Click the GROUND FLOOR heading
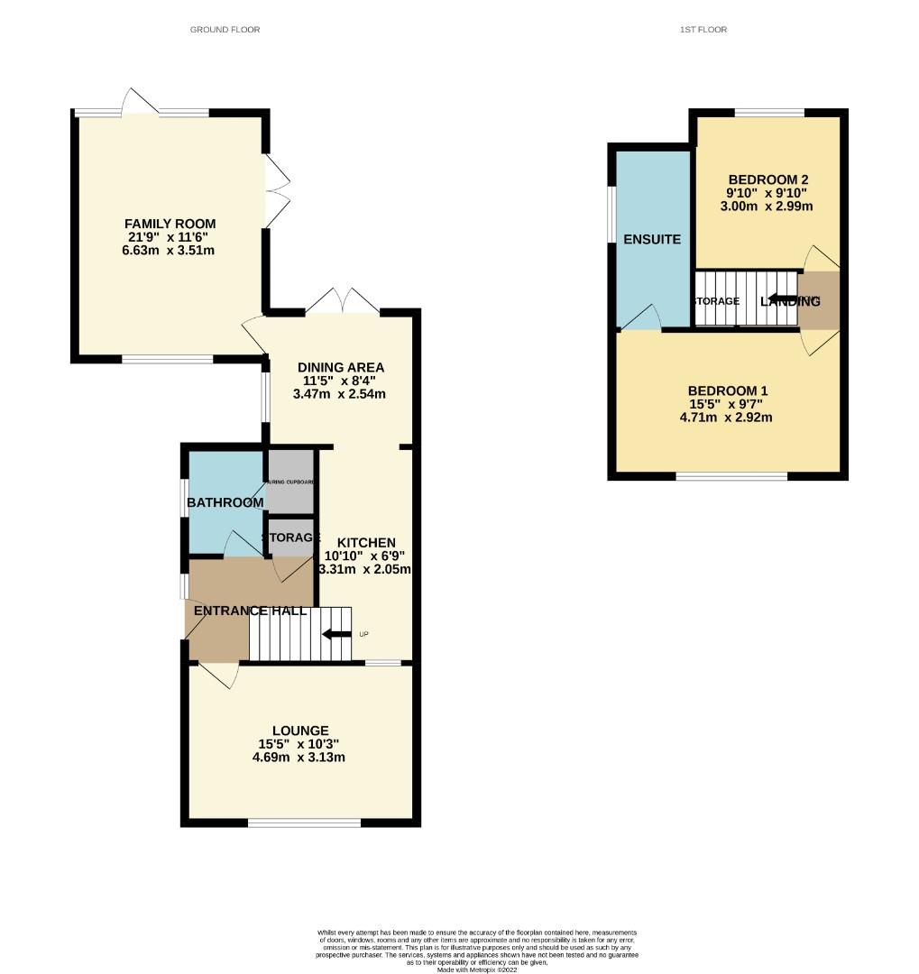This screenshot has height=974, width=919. [x=225, y=30]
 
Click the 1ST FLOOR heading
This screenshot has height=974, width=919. [x=703, y=30]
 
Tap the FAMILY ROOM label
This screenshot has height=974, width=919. [x=170, y=224]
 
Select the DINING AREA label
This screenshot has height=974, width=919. [x=341, y=367]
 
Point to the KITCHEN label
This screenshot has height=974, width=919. [x=366, y=542]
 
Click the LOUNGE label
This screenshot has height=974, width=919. [x=300, y=730]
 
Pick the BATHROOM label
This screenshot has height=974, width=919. [x=225, y=502]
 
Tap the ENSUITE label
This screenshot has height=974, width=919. [x=652, y=239]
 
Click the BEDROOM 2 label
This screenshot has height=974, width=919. [x=767, y=179]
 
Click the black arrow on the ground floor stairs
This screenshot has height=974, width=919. [x=337, y=634]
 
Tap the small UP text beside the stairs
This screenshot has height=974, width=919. [x=364, y=634]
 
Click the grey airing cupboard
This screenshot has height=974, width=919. [x=290, y=484]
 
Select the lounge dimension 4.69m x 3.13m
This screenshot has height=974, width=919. [x=300, y=758]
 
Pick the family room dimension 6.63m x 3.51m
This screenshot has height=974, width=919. [x=170, y=251]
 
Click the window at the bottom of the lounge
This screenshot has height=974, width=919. [x=304, y=822]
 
